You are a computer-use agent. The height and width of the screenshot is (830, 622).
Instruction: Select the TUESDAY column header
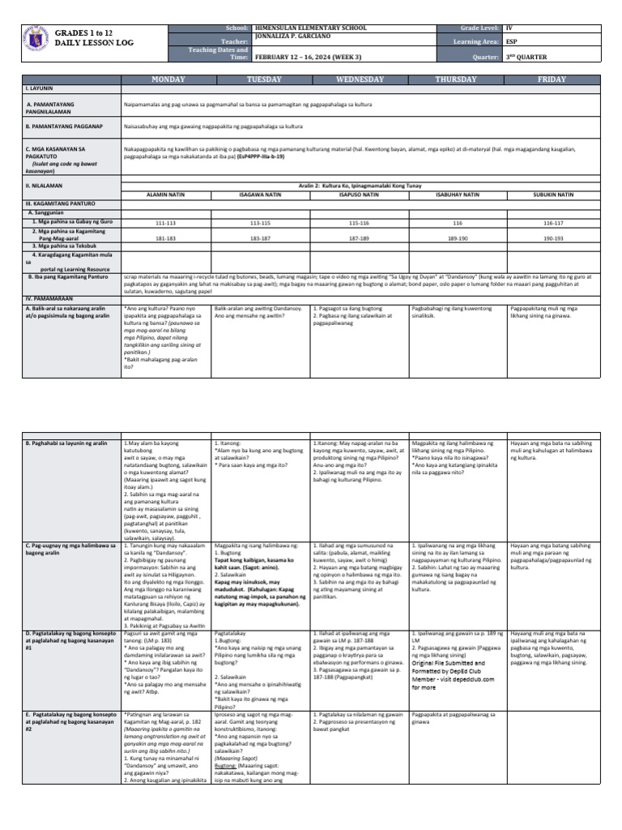pyautogui.click(x=265, y=79)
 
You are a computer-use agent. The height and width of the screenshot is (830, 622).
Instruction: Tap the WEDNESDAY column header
pyautogui.click(x=360, y=79)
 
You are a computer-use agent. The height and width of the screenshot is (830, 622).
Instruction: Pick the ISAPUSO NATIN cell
pyautogui.click(x=360, y=195)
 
